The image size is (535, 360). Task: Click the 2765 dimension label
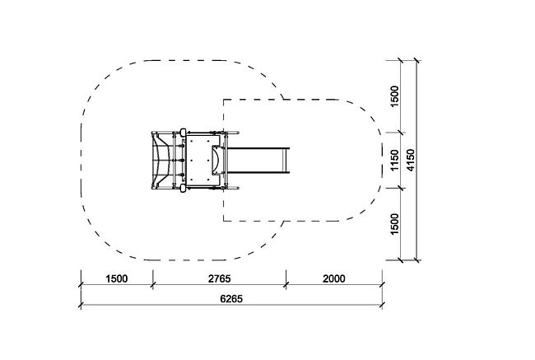pos(220,278)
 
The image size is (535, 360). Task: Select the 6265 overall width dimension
pos(231,299)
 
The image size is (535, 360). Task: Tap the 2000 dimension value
pos(334,278)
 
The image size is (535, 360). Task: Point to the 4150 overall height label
pos(411,160)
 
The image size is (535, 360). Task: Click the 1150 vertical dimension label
pos(394,160)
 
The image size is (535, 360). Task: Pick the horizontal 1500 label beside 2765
pos(117,278)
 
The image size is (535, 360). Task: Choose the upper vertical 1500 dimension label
pos(394,96)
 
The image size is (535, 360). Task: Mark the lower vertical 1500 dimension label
pos(394,224)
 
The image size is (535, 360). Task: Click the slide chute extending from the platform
pos(258,160)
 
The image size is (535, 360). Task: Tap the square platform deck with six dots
pos(202,160)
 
